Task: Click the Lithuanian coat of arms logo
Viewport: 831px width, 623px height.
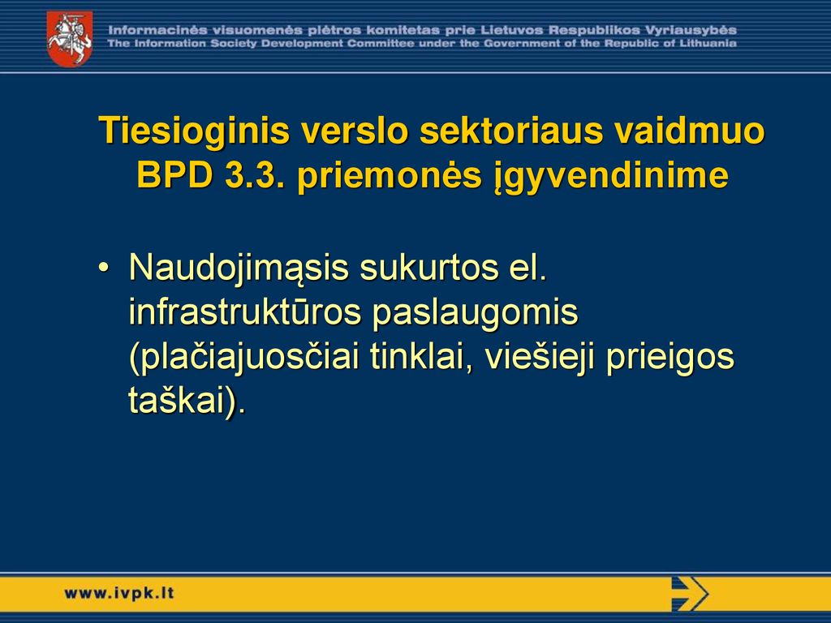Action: [70, 39]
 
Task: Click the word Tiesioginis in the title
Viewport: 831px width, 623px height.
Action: [194, 131]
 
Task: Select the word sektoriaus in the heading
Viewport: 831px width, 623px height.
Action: [511, 131]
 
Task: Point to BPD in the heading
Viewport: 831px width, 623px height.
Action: [175, 174]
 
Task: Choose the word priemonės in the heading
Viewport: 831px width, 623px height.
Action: [390, 176]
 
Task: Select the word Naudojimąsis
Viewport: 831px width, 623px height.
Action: [239, 269]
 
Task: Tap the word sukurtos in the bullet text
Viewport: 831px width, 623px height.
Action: [429, 268]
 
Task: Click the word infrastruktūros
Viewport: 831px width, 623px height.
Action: [245, 311]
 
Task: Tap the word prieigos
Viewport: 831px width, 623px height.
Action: [670, 358]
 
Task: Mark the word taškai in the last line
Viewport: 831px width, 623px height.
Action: [176, 401]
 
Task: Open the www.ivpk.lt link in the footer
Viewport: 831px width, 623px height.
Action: [119, 593]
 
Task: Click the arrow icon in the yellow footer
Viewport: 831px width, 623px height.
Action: [690, 594]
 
